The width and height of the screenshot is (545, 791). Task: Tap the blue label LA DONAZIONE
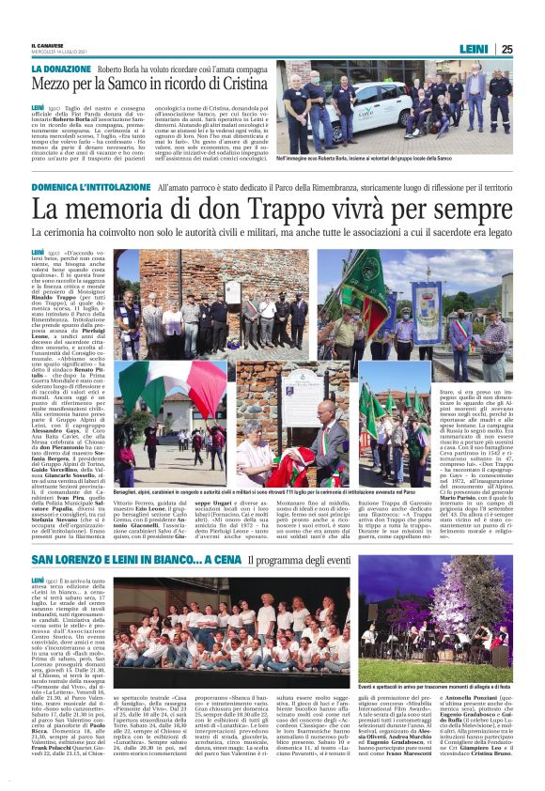point(61,70)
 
